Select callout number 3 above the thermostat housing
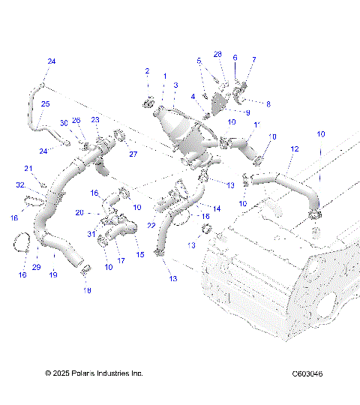point(175,85)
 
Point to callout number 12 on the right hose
point(294,150)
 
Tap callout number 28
point(218,54)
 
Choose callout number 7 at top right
point(253,59)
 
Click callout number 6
point(235,57)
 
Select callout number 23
point(95,120)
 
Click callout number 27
point(133,154)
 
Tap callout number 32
point(19,184)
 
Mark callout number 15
point(139,254)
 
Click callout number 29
point(36,267)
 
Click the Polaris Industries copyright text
point(94,373)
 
